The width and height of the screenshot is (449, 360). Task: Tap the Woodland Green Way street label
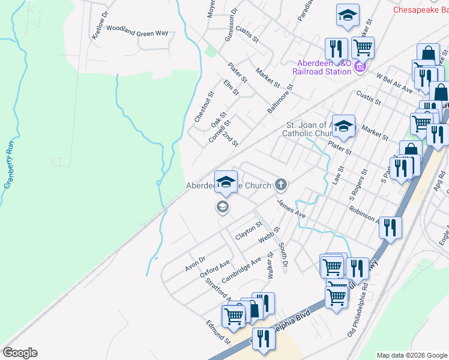pos(137,33)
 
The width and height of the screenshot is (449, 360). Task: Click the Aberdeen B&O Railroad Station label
pos(321,67)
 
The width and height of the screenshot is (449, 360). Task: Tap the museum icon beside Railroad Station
pos(360,65)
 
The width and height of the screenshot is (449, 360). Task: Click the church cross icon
pos(280,184)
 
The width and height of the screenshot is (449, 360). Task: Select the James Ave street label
pos(291,209)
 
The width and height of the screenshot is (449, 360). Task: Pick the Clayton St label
pos(249,231)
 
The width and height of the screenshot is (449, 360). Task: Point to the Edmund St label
pos(218,332)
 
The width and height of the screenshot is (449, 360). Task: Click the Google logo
pos(20,353)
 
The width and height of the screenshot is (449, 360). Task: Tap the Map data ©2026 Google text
pos(411,355)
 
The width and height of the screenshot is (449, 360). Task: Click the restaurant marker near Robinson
pos(390,227)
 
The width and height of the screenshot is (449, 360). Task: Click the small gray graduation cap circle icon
pos(222,208)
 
